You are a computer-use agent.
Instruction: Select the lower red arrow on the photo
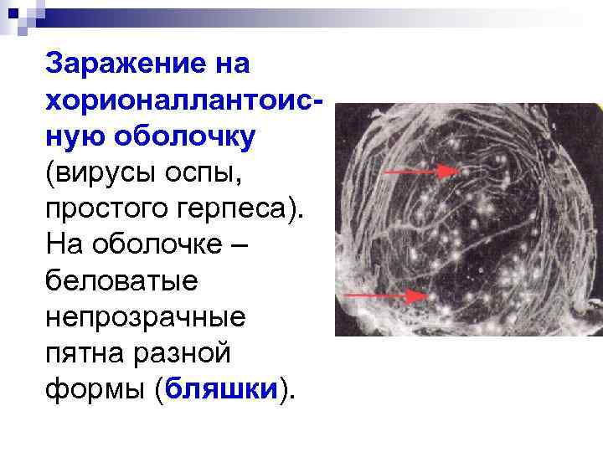tap(384, 295)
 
